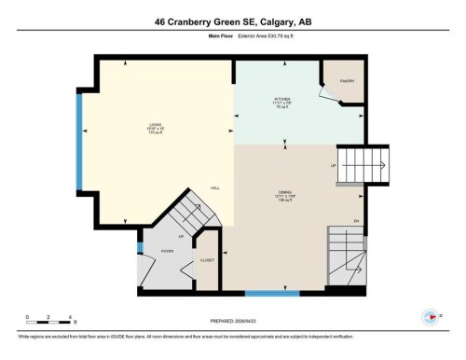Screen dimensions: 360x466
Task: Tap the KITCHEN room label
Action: click(281, 98)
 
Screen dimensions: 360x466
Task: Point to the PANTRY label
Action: click(347, 82)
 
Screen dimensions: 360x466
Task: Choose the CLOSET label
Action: click(207, 260)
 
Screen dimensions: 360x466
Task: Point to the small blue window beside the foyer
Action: click(138, 248)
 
